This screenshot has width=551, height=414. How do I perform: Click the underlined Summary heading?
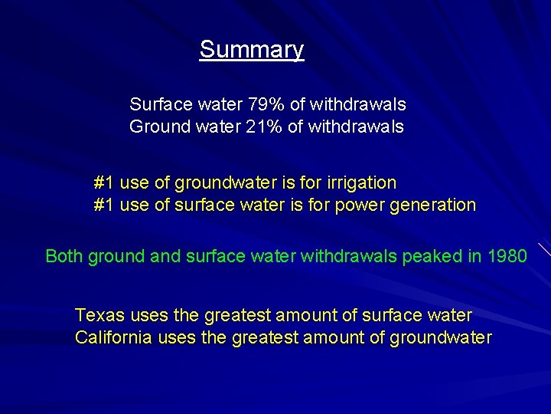point(252,50)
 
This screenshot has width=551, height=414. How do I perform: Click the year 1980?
point(507,256)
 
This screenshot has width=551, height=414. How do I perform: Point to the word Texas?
point(99,315)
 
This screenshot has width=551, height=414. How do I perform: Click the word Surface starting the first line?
point(158,103)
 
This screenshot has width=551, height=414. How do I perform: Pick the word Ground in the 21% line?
point(156,126)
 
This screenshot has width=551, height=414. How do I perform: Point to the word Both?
point(64,256)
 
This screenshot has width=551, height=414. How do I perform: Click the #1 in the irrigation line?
point(104,183)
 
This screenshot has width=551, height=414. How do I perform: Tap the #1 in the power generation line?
point(104,205)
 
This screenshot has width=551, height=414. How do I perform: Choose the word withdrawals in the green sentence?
point(348,256)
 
